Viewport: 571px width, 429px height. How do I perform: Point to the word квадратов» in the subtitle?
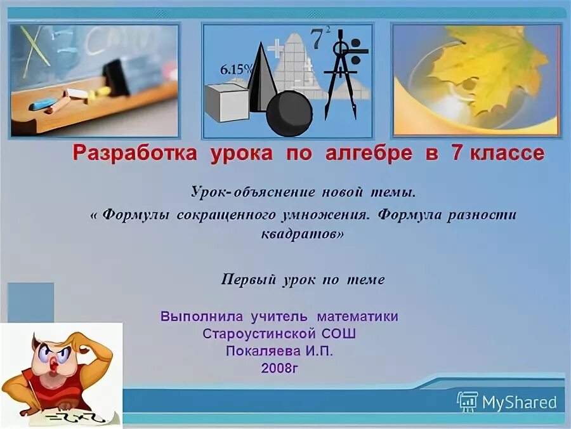pyautogui.click(x=303, y=234)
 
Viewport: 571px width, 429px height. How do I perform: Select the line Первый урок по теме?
pyautogui.click(x=303, y=280)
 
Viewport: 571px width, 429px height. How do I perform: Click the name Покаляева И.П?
pyautogui.click(x=279, y=351)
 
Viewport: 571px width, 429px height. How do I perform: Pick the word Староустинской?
pyautogui.click(x=259, y=333)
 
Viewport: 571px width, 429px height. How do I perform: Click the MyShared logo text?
pyautogui.click(x=518, y=402)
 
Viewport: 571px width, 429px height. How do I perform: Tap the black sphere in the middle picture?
pyautogui.click(x=289, y=114)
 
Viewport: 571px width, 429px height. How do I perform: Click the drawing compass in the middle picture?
pyautogui.click(x=340, y=73)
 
